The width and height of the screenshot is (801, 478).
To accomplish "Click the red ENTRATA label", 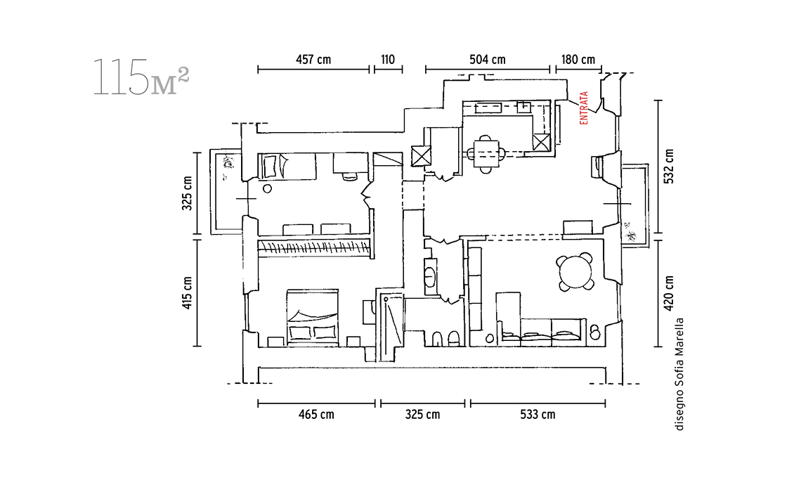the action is click(584, 108).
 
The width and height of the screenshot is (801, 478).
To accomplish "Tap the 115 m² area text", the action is click(141, 78).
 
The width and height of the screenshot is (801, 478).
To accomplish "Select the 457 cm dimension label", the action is click(313, 60).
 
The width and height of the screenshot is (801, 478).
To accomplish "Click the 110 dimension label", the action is click(388, 60).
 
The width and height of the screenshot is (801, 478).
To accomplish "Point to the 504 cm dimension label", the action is click(488, 60).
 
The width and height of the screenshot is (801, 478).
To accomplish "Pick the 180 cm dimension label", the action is click(578, 60).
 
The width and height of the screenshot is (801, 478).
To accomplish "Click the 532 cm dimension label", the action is click(669, 166).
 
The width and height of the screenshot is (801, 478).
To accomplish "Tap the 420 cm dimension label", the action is click(669, 293).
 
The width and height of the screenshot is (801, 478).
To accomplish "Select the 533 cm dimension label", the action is click(538, 415).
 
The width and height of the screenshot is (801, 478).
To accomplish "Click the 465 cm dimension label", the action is click(316, 415).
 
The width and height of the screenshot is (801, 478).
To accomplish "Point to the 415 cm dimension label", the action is click(187, 293).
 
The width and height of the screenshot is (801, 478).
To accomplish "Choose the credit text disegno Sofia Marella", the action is click(679, 374).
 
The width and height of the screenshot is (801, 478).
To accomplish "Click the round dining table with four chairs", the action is click(575, 272).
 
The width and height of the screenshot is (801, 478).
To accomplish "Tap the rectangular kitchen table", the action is click(486, 153).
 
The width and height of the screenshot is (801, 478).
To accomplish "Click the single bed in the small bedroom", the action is click(287, 166).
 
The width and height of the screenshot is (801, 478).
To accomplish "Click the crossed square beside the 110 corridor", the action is click(421, 156).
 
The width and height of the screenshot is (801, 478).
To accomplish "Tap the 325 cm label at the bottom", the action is click(422, 415).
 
